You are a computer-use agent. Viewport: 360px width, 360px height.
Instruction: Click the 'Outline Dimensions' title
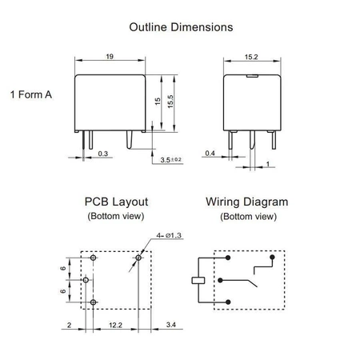(x=181, y=27)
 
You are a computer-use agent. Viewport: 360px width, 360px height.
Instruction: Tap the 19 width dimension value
(x=110, y=57)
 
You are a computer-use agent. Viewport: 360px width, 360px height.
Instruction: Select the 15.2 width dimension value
(x=251, y=57)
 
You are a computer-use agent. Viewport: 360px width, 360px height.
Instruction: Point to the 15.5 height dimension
(x=170, y=102)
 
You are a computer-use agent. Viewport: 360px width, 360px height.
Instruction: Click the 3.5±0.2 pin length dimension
(x=171, y=160)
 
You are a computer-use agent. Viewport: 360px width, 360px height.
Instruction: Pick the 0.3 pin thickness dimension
(x=103, y=154)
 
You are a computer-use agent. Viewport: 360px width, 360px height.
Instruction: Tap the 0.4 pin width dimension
(x=210, y=154)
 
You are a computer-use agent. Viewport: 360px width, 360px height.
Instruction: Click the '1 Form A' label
(x=31, y=94)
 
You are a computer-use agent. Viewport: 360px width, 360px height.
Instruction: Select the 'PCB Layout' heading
(x=116, y=202)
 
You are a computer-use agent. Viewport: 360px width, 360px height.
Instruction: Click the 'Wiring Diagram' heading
(x=247, y=202)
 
